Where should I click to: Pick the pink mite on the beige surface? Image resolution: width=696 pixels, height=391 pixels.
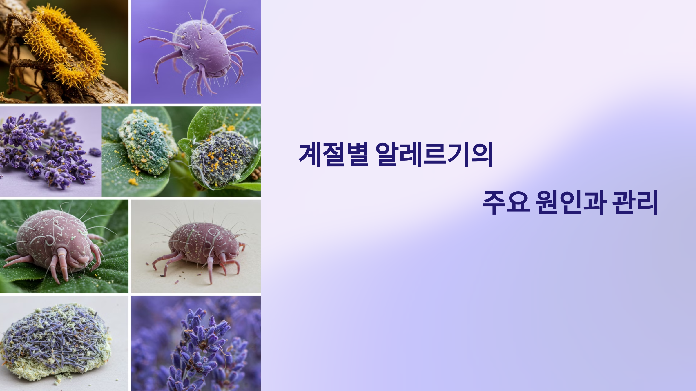click(203, 246)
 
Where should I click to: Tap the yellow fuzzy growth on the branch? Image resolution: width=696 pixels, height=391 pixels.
click(67, 46)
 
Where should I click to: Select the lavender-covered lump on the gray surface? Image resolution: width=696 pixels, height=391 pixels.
click(55, 342)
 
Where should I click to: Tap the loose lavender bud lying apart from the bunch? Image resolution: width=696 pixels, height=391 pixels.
click(95, 151)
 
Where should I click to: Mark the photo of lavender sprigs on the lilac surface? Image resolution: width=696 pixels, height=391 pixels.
click(49, 151)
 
